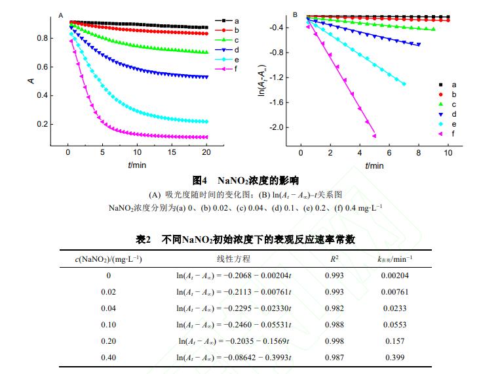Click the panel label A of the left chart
(x=61, y=14)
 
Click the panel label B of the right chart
(x=295, y=14)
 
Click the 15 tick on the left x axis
(x=172, y=152)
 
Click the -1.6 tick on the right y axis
(x=276, y=102)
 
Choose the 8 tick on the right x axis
(x=419, y=152)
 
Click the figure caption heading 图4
(x=200, y=180)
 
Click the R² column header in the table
(x=334, y=259)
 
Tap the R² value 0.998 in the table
(x=334, y=341)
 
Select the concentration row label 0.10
(x=108, y=325)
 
